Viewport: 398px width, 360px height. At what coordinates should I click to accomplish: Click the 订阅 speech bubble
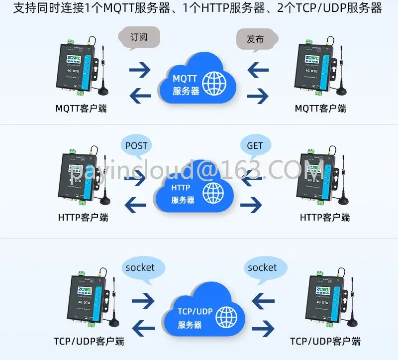139,37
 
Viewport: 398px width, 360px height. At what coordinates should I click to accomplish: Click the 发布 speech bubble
255,38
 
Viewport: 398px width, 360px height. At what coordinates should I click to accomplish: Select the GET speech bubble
255,146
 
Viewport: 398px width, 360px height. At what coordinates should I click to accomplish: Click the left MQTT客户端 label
82,108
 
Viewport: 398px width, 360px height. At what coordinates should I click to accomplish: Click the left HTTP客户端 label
83,217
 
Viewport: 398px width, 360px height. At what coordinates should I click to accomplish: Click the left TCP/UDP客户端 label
89,341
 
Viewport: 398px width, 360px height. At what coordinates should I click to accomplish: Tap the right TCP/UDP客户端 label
325,341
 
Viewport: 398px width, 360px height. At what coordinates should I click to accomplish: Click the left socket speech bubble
140,268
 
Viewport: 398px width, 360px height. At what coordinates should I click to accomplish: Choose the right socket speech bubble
262,268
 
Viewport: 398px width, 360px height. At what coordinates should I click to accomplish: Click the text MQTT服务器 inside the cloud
186,85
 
